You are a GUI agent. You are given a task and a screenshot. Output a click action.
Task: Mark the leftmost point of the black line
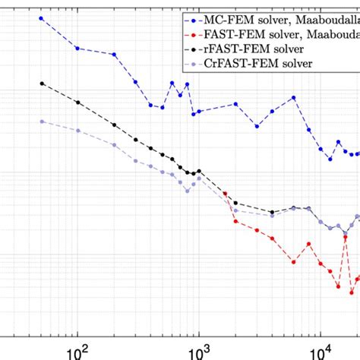tap(41, 84)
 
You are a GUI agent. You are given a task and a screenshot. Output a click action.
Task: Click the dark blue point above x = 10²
tap(77, 47)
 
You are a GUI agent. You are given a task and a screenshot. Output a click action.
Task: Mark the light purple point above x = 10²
tap(77, 131)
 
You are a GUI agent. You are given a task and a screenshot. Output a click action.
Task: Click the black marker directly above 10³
tap(200, 172)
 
